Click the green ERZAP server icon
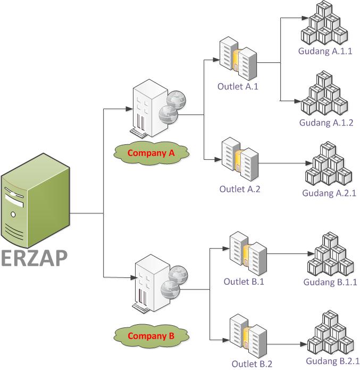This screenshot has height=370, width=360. point(36,201)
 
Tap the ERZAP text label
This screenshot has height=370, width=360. point(35,258)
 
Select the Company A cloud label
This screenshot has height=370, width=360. point(151,153)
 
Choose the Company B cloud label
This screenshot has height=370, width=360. point(151,336)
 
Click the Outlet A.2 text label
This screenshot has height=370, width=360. point(240,189)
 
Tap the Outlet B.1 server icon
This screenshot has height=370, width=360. point(248,253)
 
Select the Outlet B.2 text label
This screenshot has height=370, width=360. point(252,364)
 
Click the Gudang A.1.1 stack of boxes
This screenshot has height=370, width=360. point(324,23)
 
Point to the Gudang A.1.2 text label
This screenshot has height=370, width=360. point(326,122)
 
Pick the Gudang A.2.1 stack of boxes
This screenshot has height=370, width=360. point(329,164)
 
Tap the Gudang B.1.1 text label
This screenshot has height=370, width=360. point(330,282)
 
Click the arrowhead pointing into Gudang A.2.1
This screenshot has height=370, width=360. point(308,163)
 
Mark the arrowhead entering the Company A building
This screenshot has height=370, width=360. point(129,109)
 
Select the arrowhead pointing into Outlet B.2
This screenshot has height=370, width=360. point(226,340)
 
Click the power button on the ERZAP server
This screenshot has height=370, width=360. point(13,215)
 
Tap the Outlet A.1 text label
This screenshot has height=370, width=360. point(238,86)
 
